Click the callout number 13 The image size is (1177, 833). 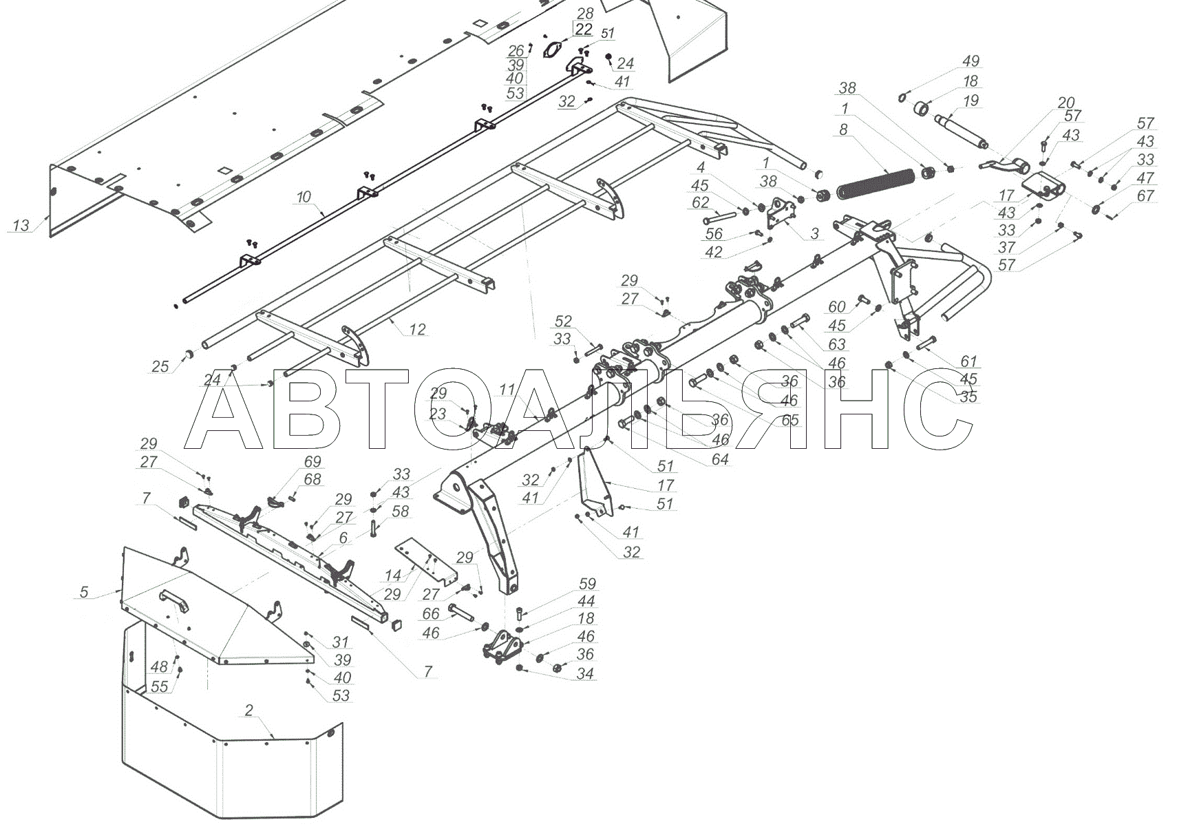pos(21,225)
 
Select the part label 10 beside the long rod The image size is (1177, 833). pos(304,198)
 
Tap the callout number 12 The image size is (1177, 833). pos(417,330)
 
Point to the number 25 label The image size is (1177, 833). pos(160,366)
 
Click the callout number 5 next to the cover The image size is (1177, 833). pos(84,591)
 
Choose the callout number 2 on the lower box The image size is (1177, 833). pos(248,710)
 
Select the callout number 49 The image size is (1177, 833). pos(971,61)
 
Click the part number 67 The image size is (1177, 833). pos(1145,196)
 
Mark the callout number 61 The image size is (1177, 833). pos(968,361)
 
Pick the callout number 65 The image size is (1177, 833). pos(789,419)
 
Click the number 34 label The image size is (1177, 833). pos(585,673)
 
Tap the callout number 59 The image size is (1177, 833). pos(587,584)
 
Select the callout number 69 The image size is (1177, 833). pos(312,461)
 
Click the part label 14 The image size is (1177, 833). pos(392,576)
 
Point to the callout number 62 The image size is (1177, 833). pos(700,203)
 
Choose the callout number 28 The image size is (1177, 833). pos(585,14)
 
